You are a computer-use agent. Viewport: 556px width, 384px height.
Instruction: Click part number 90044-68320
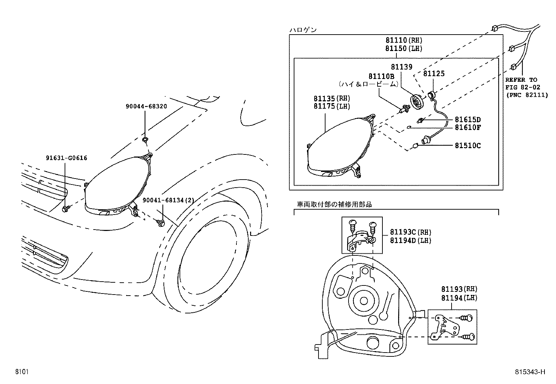coord(146,106)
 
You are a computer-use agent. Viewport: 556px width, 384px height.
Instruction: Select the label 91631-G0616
coord(66,158)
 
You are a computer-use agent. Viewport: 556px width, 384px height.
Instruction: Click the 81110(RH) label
coord(404,40)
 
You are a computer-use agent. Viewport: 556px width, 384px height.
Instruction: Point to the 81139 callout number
coord(401,67)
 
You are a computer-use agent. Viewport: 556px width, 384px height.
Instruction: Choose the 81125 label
coord(434,73)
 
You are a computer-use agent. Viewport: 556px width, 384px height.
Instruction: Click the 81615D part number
coord(467,119)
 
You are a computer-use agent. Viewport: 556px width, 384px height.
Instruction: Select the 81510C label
coord(467,145)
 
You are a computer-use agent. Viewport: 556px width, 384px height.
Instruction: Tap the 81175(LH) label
coord(331,107)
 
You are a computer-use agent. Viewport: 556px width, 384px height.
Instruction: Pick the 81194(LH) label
coord(459,298)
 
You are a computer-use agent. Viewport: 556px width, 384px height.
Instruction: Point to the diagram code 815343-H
coord(529,372)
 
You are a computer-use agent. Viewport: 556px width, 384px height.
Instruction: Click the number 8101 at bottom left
coord(21,372)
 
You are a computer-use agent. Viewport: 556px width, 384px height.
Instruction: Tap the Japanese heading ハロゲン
coord(303,30)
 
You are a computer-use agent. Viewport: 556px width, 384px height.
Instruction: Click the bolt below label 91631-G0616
coord(65,209)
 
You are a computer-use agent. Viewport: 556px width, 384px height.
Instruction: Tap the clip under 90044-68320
coord(145,140)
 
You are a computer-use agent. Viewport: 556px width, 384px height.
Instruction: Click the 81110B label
coord(381,76)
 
